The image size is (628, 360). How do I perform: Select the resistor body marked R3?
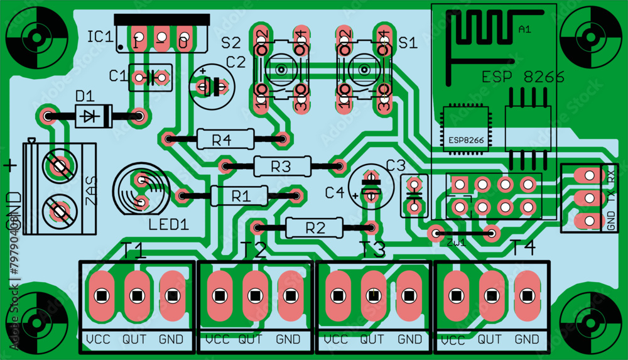coord(281,166)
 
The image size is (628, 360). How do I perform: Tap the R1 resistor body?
coord(239,196)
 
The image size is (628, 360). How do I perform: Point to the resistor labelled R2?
coord(314,227)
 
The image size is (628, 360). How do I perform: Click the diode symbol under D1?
coord(92,116)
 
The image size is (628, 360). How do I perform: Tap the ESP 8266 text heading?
coord(522,77)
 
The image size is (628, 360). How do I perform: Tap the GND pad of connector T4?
coord(527,295)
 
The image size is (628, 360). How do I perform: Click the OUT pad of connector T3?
coord(374,295)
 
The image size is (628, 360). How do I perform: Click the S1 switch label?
coord(408,43)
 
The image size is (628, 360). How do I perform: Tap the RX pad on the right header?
coord(588,175)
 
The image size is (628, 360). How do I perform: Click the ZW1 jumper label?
coord(455,243)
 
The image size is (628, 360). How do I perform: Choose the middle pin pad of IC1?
coord(161,40)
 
